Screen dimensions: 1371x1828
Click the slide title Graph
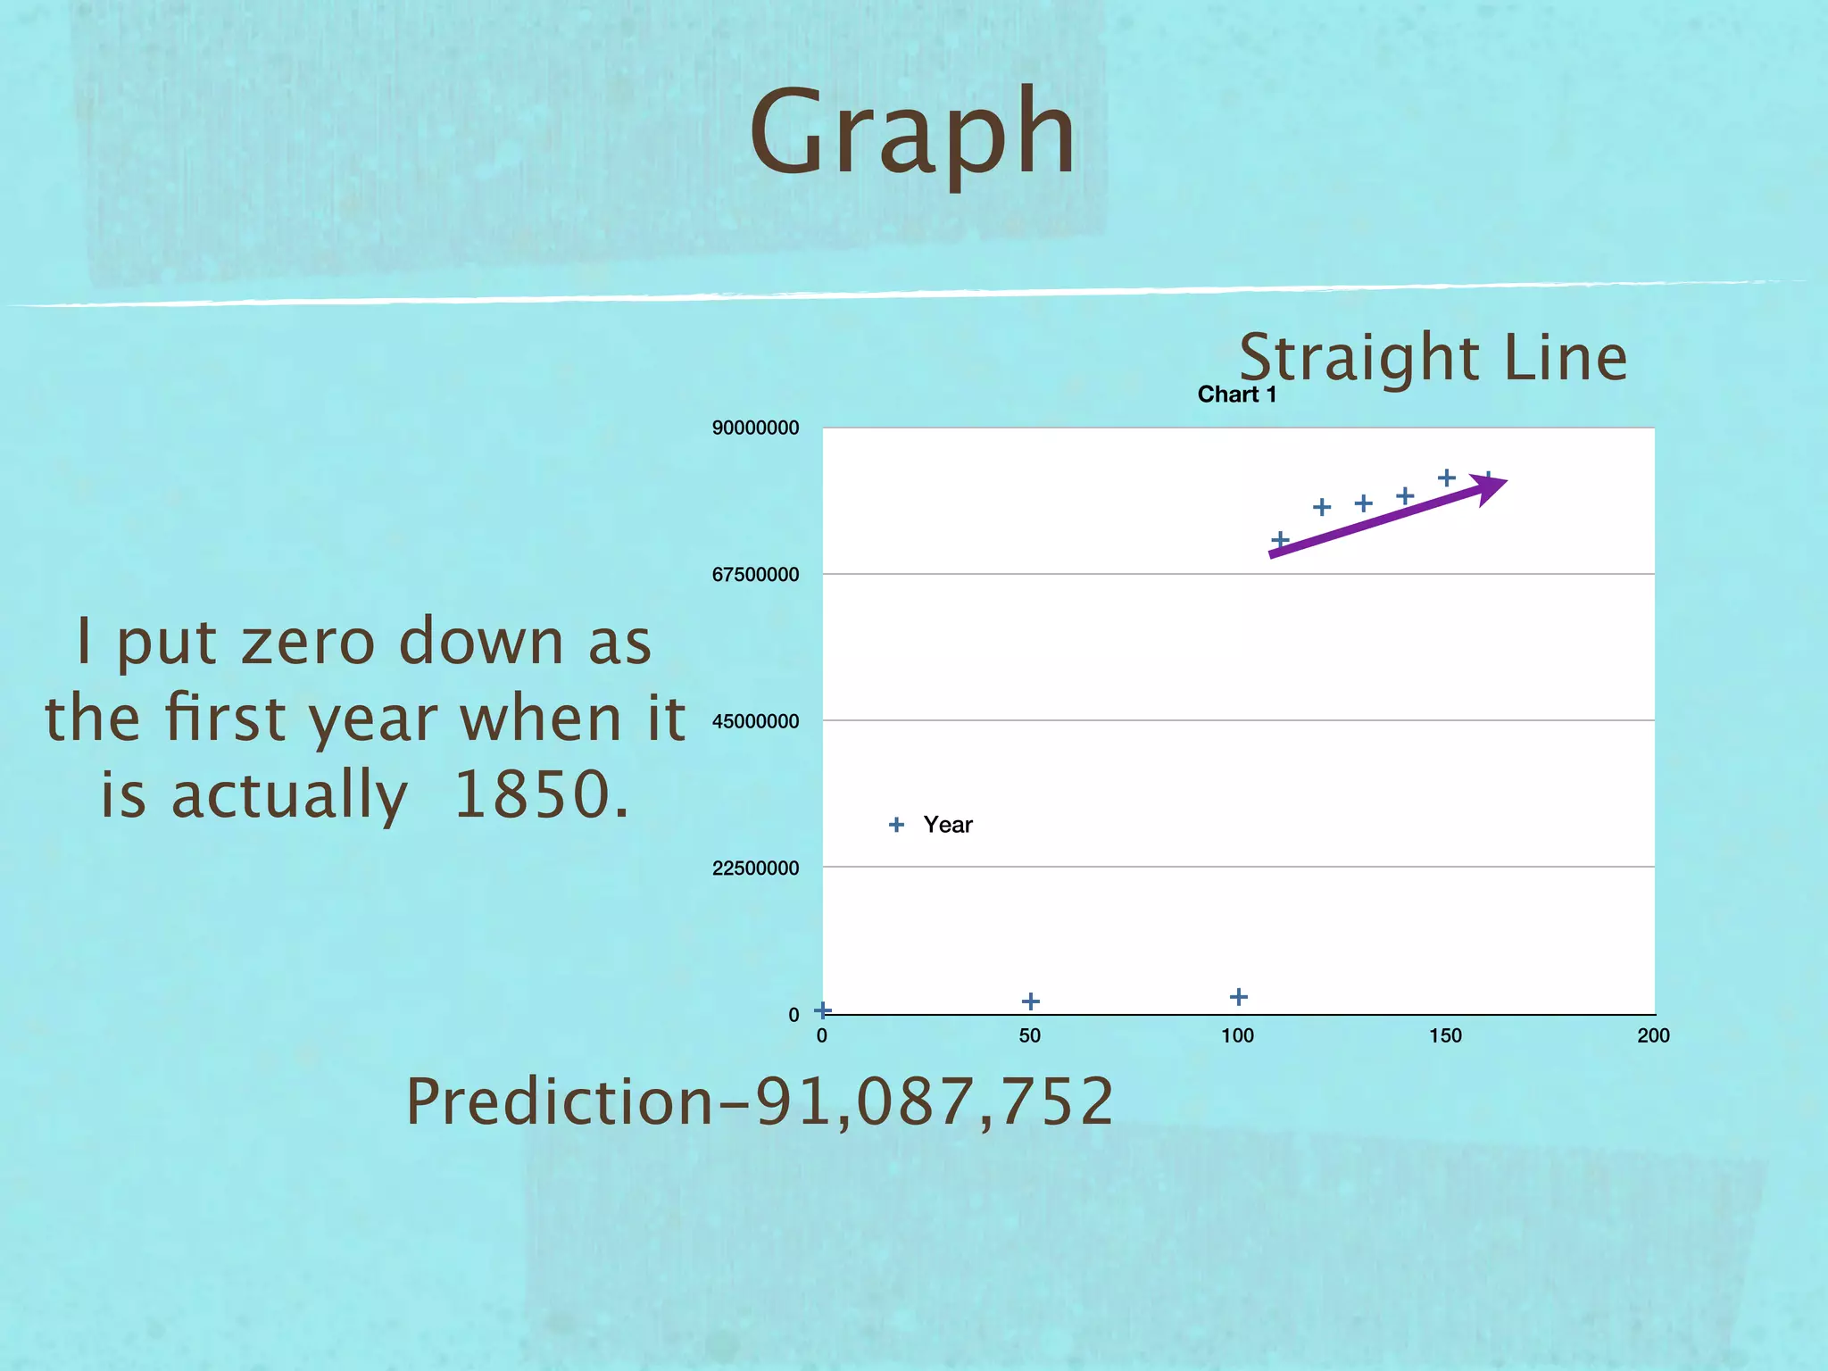(912, 134)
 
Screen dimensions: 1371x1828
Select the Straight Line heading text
(1433, 357)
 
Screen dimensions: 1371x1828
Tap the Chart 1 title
(1236, 395)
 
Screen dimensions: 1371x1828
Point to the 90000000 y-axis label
(755, 428)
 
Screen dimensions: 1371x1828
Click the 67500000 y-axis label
(755, 575)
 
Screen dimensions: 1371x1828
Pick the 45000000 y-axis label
(755, 721)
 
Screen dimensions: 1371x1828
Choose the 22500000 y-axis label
(755, 868)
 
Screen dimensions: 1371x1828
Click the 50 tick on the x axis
(1029, 1035)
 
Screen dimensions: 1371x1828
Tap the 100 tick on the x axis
(1237, 1035)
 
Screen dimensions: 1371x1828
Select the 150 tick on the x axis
(1445, 1035)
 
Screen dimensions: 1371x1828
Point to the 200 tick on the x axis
(1653, 1035)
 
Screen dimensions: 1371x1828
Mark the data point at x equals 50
(1030, 1001)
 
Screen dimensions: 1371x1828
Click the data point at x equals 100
(1238, 997)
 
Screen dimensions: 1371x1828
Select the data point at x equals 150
(1447, 478)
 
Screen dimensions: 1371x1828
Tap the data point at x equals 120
(1322, 507)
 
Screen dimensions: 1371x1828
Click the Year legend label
(947, 825)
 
